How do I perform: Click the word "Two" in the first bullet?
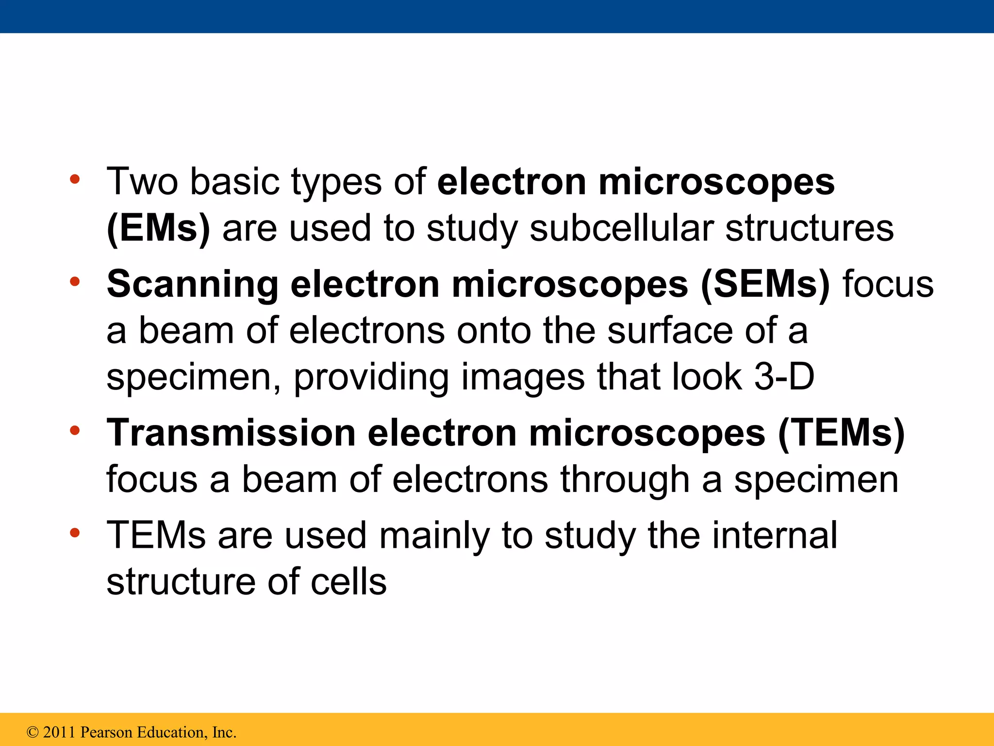[x=142, y=182]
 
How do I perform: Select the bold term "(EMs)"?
[x=158, y=228]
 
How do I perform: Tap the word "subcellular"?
[x=621, y=228]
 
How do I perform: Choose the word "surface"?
[x=670, y=331]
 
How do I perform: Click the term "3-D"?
[x=784, y=377]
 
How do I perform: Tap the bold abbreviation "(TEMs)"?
[x=841, y=433]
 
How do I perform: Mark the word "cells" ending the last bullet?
[x=348, y=582]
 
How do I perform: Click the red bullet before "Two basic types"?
[x=75, y=180]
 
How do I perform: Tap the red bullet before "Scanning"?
[x=75, y=282]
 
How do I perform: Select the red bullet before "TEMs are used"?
[x=75, y=533]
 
